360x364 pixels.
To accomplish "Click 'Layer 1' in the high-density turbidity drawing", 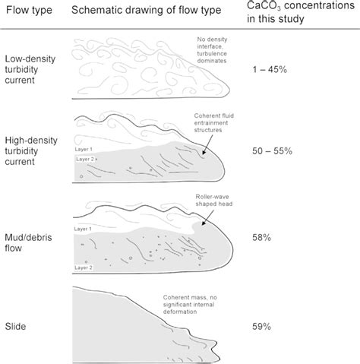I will coord(84,149).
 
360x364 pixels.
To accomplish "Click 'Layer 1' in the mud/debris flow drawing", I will coord(84,228).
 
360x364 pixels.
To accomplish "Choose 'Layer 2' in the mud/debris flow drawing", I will coord(84,267).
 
